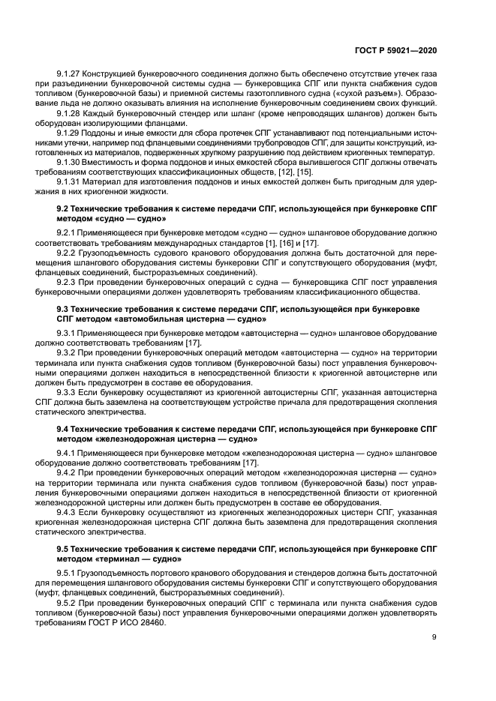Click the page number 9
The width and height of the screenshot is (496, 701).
(x=434, y=637)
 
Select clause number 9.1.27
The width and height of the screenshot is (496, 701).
(x=70, y=73)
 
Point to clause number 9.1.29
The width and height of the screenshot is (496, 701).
(x=70, y=132)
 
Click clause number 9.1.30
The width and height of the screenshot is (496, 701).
(x=70, y=162)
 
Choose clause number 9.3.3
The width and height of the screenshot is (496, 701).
(x=68, y=391)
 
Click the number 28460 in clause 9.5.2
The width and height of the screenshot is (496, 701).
(x=151, y=615)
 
